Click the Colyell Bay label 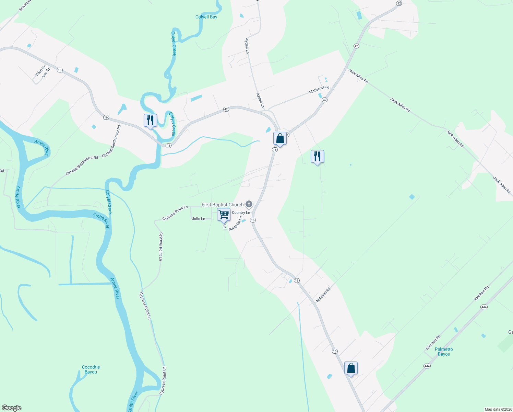click(x=206, y=17)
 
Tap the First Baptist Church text click(x=222, y=205)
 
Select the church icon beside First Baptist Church click(x=249, y=205)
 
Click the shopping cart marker click(x=224, y=215)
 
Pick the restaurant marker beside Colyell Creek click(x=150, y=121)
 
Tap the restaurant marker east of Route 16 click(x=317, y=157)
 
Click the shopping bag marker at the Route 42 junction click(x=280, y=139)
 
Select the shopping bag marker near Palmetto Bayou click(x=351, y=368)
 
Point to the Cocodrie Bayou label click(x=91, y=369)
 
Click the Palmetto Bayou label click(x=444, y=352)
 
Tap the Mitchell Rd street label click(x=323, y=295)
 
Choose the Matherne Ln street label click(x=319, y=90)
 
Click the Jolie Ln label click(x=199, y=219)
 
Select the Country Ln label click(x=241, y=213)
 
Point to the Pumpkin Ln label click(x=235, y=223)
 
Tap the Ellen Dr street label click(x=40, y=71)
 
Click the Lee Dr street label click(x=46, y=72)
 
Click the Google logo click(x=11, y=408)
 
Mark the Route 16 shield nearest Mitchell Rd click(x=297, y=281)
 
